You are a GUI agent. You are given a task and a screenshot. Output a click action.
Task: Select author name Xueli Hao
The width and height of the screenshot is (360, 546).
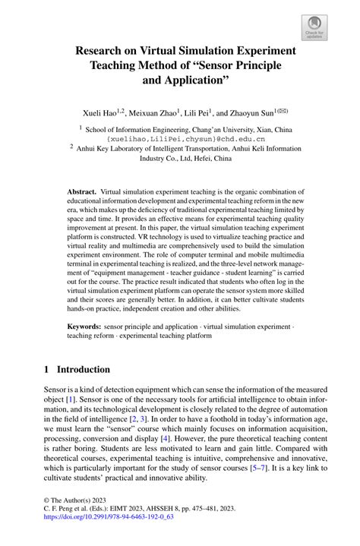click(x=99, y=112)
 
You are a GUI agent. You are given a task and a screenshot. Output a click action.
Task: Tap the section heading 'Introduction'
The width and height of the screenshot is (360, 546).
click(x=84, y=370)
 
